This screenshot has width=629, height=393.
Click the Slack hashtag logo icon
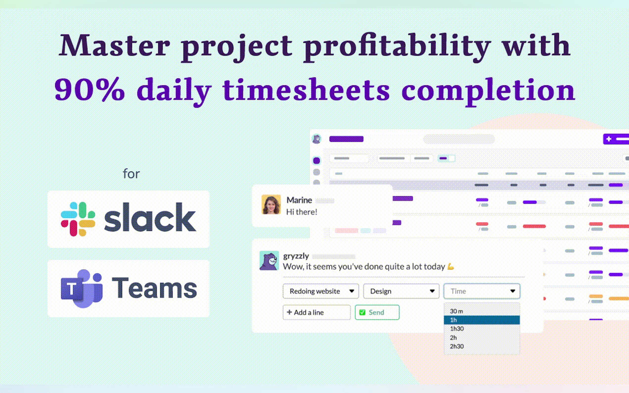click(x=78, y=219)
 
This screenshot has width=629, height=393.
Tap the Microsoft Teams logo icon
click(x=82, y=289)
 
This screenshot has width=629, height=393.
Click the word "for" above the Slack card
click(x=131, y=174)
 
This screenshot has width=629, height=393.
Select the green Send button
click(x=377, y=312)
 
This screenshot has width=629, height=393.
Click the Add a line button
click(x=316, y=312)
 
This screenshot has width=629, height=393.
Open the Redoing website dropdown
click(x=321, y=291)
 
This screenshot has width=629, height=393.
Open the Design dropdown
click(x=401, y=291)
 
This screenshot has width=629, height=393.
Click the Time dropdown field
click(x=482, y=291)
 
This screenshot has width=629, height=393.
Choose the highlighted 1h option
click(x=482, y=320)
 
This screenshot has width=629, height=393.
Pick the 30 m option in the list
click(x=456, y=311)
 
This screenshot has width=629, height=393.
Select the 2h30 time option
click(x=457, y=346)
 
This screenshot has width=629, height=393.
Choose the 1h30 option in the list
click(x=457, y=329)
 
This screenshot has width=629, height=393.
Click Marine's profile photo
click(x=271, y=204)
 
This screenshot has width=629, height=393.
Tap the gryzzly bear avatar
click(x=269, y=260)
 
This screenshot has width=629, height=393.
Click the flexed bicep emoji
click(x=451, y=267)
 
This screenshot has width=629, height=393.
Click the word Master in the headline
click(x=114, y=45)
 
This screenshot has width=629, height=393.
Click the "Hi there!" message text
click(x=302, y=212)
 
